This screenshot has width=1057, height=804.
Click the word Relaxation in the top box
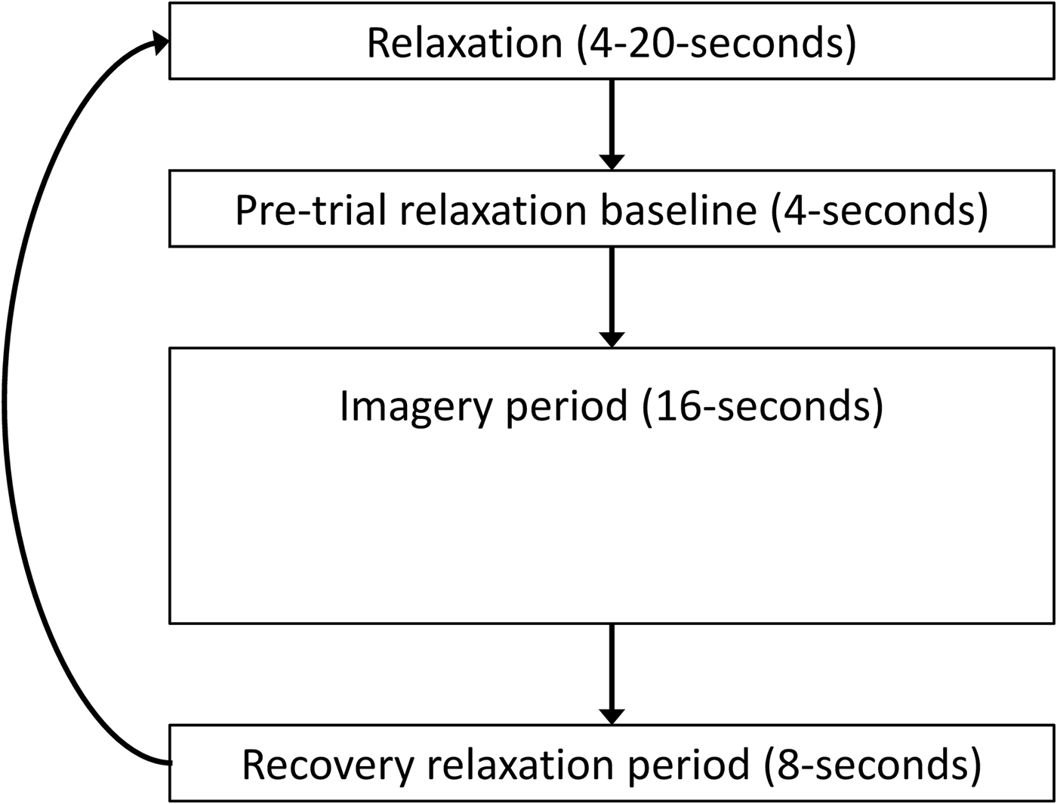click(464, 43)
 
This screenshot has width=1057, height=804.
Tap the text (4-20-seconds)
click(716, 43)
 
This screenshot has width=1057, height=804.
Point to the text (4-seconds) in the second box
click(879, 210)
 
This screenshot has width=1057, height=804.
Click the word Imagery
click(416, 406)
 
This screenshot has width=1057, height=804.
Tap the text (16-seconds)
click(762, 406)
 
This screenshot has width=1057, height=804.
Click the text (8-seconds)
click(873, 765)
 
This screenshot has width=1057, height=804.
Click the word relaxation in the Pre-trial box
click(493, 210)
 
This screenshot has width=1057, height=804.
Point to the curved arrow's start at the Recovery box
click(168, 763)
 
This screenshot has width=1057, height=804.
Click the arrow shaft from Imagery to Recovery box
click(612, 664)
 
